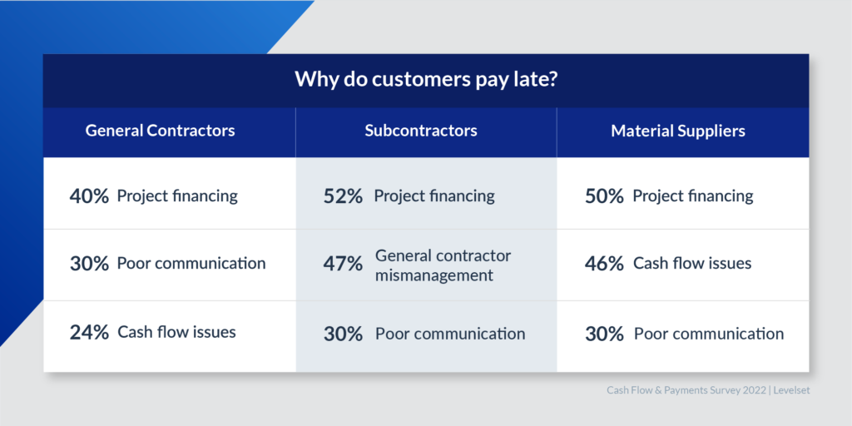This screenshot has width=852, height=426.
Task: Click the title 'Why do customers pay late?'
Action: (427, 80)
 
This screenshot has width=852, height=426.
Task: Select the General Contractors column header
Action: (161, 131)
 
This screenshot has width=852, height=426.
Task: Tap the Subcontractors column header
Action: (421, 131)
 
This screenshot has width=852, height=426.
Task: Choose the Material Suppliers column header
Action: (678, 131)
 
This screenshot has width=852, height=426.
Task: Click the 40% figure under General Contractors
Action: (90, 196)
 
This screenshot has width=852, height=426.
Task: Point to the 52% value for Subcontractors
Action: (343, 196)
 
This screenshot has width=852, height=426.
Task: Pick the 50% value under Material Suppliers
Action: (604, 196)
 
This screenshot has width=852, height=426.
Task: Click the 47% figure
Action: (343, 264)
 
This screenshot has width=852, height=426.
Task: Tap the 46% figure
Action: (604, 264)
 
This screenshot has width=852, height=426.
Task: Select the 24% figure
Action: (90, 332)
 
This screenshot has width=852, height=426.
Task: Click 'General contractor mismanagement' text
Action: (443, 265)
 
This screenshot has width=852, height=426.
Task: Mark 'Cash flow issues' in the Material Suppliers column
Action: (692, 264)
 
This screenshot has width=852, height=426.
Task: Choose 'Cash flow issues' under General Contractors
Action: (176, 331)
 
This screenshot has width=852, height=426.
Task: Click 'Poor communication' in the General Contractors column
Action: (191, 264)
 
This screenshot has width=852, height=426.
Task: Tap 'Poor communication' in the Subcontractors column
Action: (450, 333)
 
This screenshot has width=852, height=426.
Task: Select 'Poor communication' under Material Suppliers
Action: (709, 333)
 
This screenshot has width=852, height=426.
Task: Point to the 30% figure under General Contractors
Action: (90, 264)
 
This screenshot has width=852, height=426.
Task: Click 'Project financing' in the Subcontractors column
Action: (434, 196)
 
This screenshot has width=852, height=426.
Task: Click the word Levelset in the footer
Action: (792, 391)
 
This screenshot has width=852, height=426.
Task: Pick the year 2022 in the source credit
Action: (757, 391)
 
